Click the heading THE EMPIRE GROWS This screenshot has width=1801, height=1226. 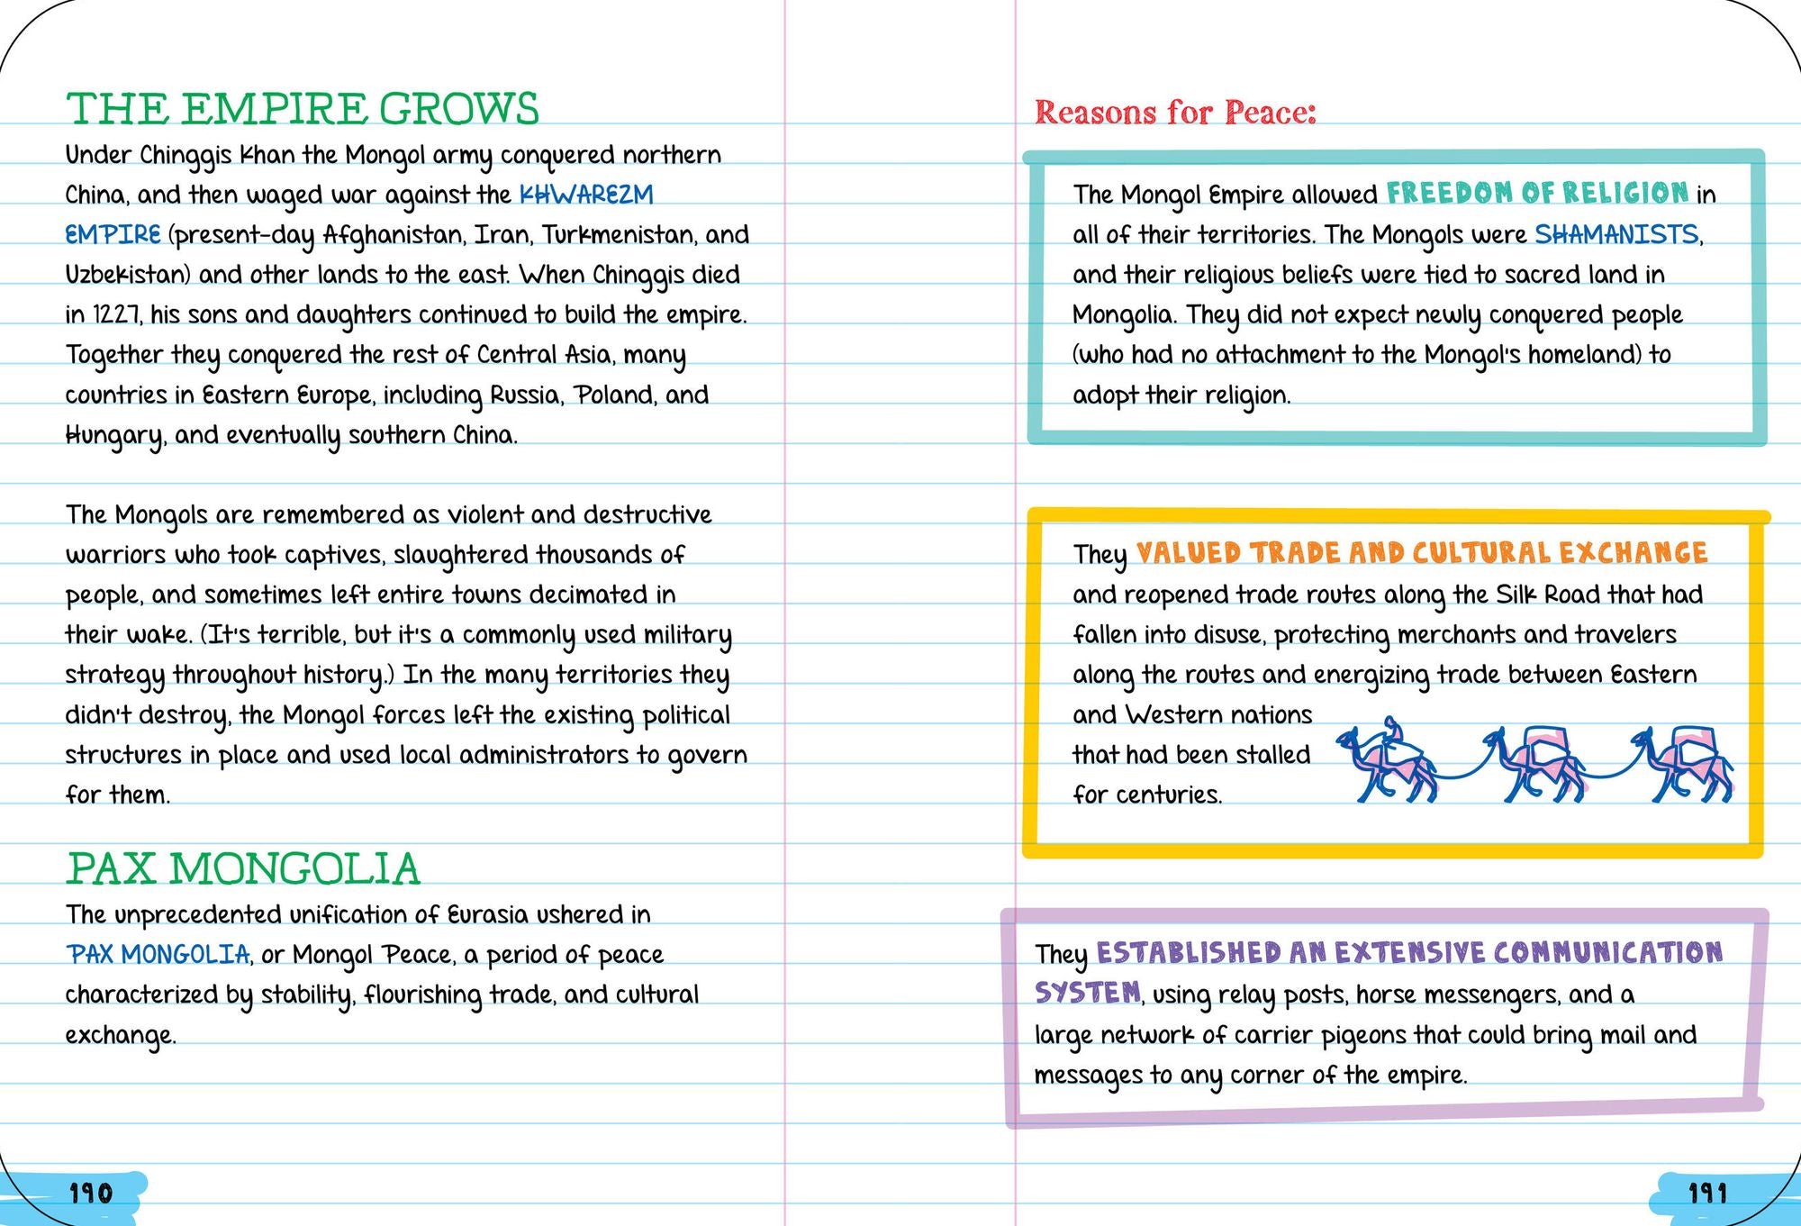302,109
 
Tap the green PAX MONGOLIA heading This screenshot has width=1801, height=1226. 243,868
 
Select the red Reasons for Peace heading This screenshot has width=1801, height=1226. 1175,113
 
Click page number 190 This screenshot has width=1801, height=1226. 91,1194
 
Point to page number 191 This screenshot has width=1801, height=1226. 1707,1194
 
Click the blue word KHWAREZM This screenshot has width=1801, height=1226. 586,195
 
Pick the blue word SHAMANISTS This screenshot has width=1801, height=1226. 1616,234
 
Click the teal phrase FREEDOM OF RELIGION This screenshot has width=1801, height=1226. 1537,193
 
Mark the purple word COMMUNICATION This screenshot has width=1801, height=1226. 1607,952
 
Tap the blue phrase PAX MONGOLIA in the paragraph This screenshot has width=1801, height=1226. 158,954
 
